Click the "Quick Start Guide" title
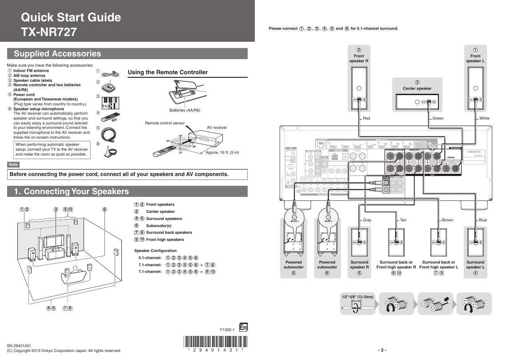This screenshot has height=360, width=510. click(x=71, y=17)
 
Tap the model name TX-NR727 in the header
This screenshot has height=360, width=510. click(x=49, y=32)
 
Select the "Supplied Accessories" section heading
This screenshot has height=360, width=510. click(x=58, y=54)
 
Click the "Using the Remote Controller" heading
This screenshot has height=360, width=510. click(x=168, y=72)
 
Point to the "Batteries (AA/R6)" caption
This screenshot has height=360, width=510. click(x=185, y=110)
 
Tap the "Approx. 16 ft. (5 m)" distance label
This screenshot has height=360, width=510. click(x=222, y=152)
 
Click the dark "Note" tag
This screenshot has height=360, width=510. click(x=13, y=164)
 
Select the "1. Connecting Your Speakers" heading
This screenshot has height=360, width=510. click(x=72, y=192)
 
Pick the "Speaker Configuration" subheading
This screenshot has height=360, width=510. click(x=155, y=251)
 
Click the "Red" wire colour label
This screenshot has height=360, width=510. click(x=366, y=118)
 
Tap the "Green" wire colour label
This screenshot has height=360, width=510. click(x=438, y=118)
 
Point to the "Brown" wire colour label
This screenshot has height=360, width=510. click(x=447, y=220)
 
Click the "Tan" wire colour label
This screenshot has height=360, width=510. click(x=403, y=220)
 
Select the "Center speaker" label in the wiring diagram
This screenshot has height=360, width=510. click(x=417, y=88)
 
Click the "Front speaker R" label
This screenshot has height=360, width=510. click(x=359, y=58)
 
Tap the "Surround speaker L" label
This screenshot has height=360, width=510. click(x=475, y=265)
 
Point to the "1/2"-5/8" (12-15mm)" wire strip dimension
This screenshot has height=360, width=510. click(x=357, y=296)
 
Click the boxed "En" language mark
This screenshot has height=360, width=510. click(x=243, y=328)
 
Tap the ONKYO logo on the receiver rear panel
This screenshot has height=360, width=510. click(x=477, y=152)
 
